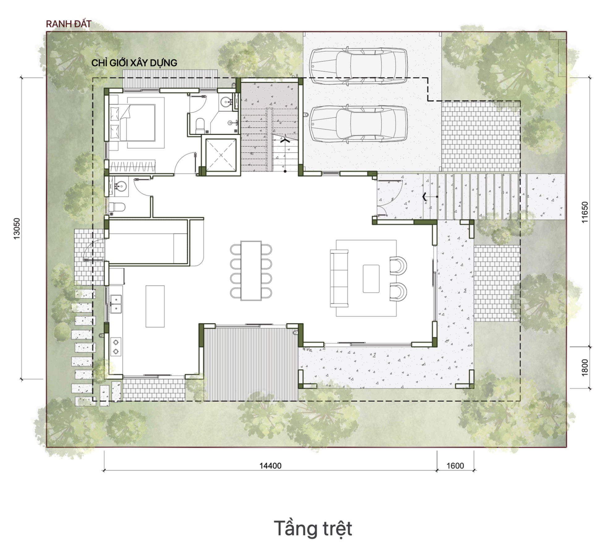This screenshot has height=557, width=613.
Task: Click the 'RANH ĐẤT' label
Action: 69,24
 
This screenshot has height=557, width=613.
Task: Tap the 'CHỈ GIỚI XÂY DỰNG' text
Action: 134,63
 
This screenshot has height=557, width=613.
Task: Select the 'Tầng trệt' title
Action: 313,529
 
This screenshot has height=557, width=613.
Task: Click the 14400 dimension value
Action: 270,466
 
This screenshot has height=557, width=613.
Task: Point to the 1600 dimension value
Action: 455,466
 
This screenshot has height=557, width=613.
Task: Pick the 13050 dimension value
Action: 17,229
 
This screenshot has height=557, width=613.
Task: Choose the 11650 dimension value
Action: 585,212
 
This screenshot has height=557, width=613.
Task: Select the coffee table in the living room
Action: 371,278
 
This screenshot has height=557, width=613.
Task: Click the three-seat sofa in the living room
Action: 339,278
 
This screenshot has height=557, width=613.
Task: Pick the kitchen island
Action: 155,306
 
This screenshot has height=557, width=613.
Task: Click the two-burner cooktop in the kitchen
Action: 116,347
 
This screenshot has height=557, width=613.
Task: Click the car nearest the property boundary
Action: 359,66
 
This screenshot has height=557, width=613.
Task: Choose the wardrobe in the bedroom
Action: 132,166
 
